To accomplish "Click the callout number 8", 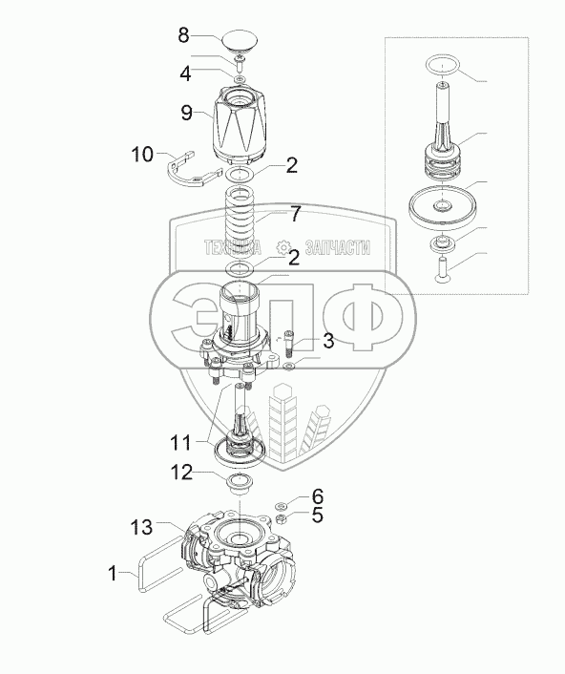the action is click(x=183, y=35).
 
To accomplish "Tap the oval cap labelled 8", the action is click(x=240, y=41).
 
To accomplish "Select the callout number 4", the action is click(x=185, y=74).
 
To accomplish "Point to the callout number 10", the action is click(x=142, y=155).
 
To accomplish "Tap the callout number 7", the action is click(x=295, y=215).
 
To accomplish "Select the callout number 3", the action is click(x=328, y=341).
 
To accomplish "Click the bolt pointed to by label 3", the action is click(x=288, y=344).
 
